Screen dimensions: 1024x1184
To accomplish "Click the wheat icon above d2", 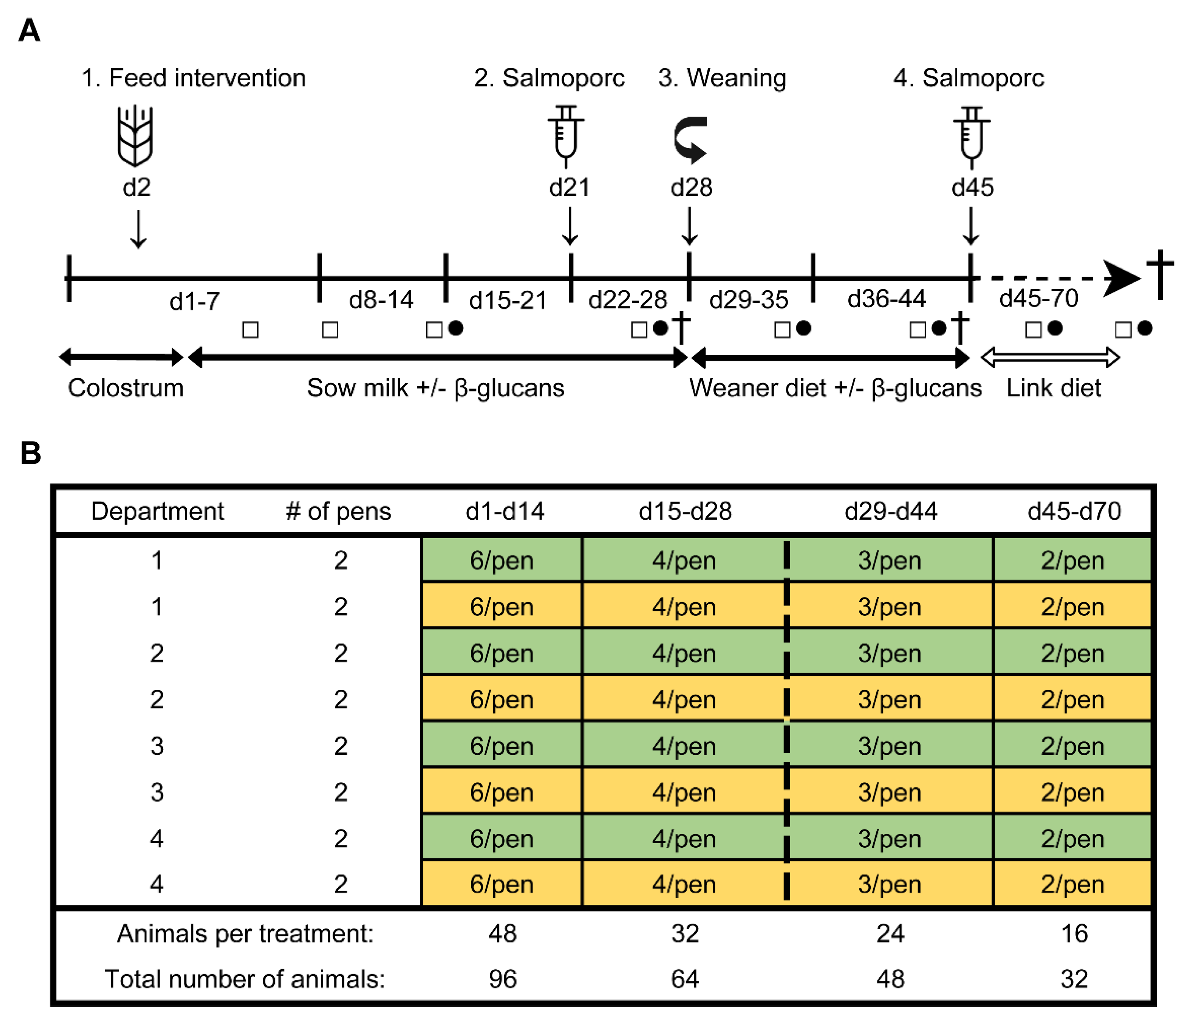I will [136, 136].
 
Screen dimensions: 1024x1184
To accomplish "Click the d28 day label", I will [691, 188].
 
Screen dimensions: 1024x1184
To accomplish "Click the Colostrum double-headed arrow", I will [121, 358].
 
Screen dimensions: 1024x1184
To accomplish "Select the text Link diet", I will [1053, 389].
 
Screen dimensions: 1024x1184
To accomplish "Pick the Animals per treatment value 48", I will [502, 934].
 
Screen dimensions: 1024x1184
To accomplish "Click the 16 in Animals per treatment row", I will [1074, 934].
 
